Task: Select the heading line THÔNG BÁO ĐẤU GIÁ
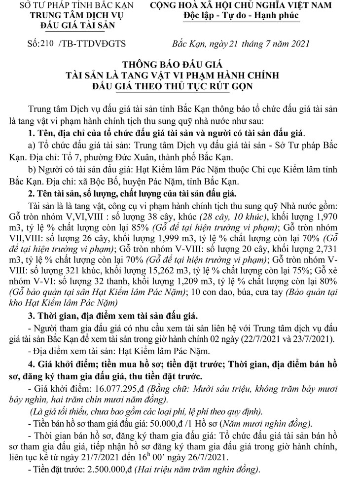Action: click(180, 65)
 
